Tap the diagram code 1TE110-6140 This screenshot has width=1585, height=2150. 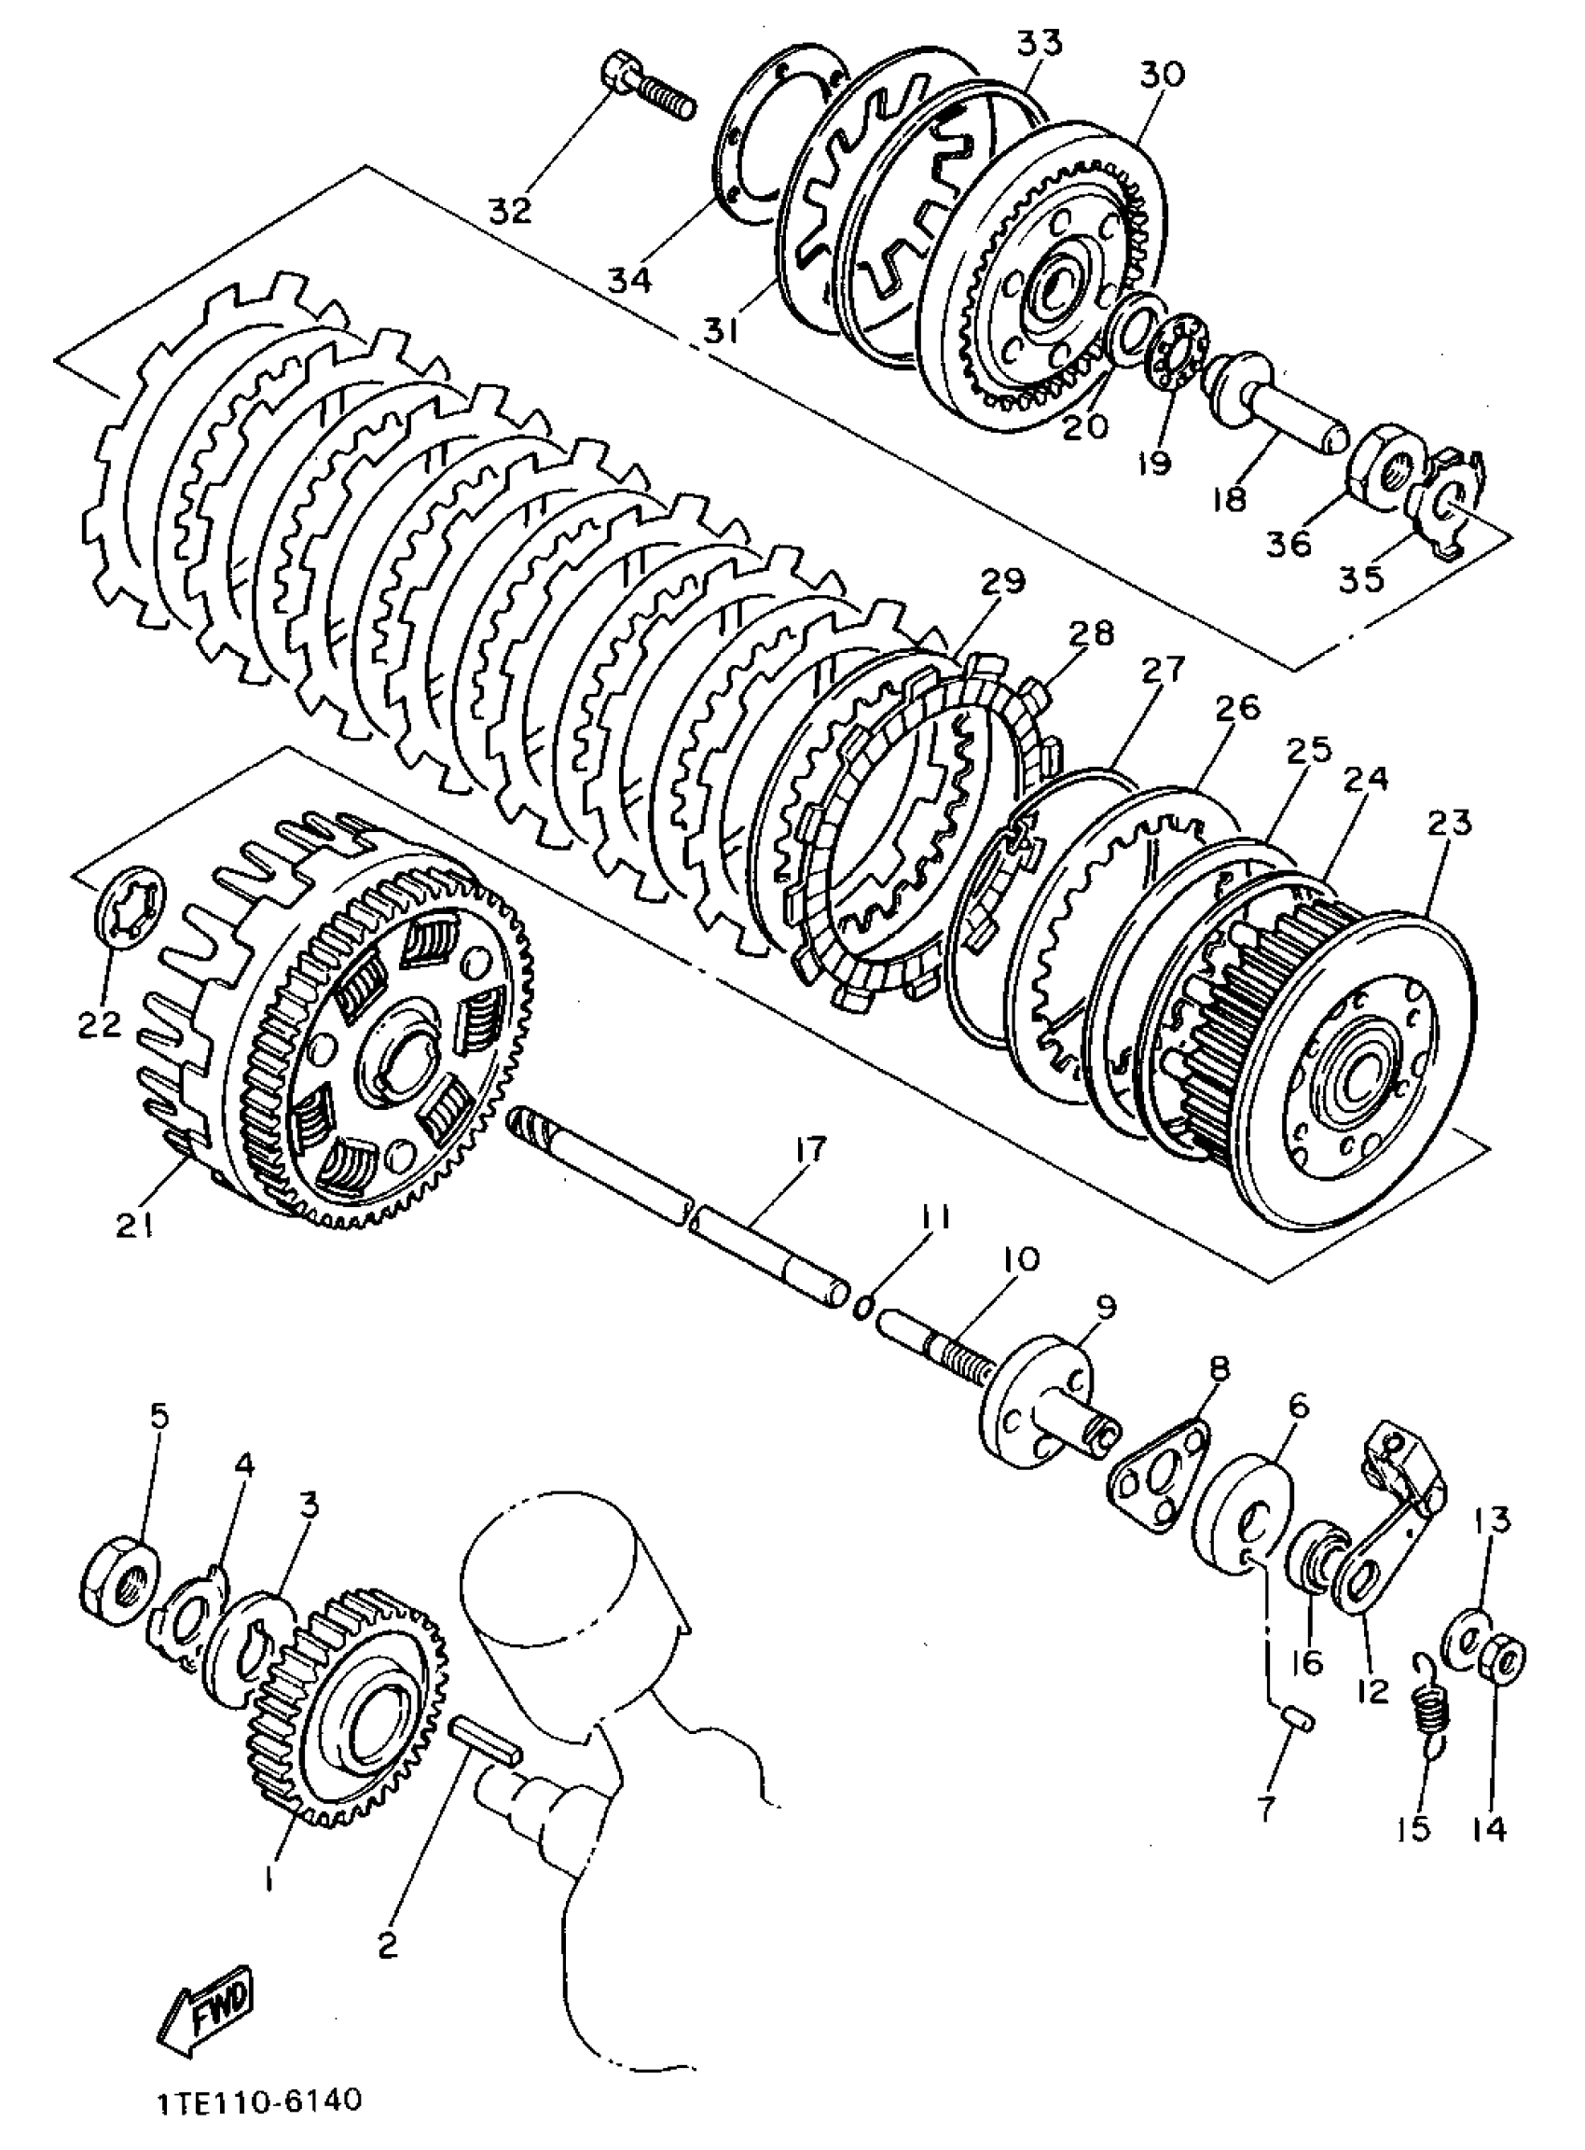click(x=259, y=2101)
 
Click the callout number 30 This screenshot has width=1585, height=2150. click(x=1163, y=75)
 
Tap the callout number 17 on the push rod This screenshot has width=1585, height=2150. click(x=808, y=1151)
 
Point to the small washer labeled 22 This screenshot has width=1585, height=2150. click(x=130, y=907)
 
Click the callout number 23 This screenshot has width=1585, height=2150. click(x=1449, y=824)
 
